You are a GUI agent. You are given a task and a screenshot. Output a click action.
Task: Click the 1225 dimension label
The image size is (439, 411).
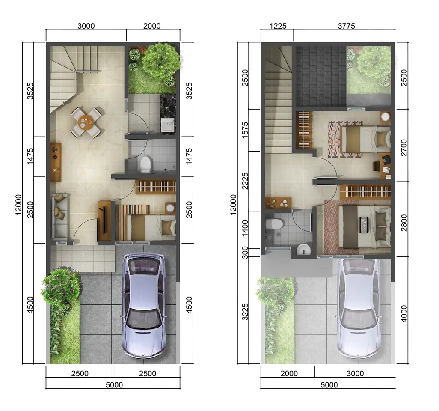click(x=278, y=26)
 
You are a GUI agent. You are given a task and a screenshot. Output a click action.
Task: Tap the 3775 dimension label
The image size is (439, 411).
click(x=346, y=26)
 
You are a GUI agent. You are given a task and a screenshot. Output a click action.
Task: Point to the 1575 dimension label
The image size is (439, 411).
click(x=245, y=130)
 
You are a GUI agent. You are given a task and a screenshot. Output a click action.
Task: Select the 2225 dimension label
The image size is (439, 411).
click(x=245, y=181)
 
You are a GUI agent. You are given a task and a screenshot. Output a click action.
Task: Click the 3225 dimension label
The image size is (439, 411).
click(x=245, y=312)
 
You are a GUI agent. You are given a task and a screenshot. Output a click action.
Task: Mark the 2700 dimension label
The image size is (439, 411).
click(x=404, y=148)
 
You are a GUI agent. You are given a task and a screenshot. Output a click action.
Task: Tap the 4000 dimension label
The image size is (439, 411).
click(x=404, y=314)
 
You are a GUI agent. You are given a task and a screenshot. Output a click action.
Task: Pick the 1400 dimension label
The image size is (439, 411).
click(x=245, y=228)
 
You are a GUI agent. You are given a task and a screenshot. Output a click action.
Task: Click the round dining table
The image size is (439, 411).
click(x=86, y=122)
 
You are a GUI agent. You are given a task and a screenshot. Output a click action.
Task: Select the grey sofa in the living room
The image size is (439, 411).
click(x=59, y=216)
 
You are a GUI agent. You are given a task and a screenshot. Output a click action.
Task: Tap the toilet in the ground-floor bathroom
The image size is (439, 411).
click(x=145, y=164)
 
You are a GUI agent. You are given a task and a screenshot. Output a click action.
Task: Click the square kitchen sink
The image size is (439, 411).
click(x=168, y=125)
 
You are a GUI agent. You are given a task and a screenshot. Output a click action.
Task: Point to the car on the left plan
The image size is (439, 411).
click(x=144, y=306)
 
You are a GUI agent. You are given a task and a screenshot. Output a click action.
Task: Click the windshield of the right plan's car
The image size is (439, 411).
click(x=359, y=319)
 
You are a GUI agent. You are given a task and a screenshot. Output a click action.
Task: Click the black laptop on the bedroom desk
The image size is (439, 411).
click(x=386, y=160)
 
